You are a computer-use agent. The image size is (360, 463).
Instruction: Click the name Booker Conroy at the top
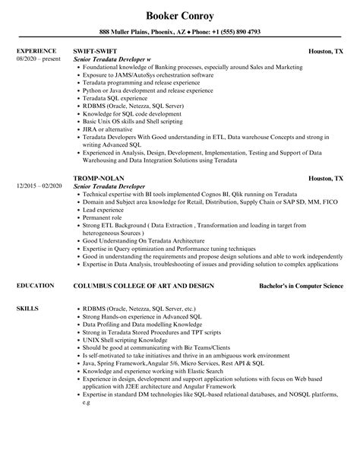pos(180,14)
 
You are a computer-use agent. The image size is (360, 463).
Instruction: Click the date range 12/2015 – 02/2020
pos(39,186)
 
